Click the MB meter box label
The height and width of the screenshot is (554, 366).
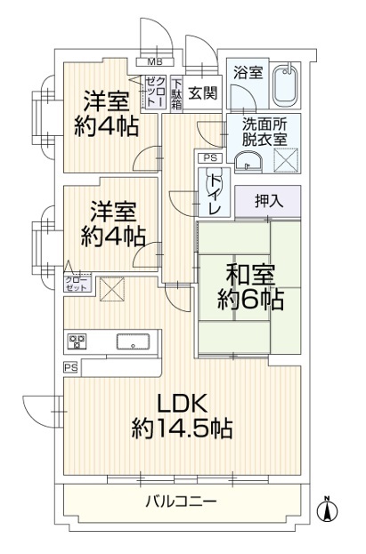pos(155,62)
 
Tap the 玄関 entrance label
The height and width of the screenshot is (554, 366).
pos(203,93)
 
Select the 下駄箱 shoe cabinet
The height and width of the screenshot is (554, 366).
pos(176,94)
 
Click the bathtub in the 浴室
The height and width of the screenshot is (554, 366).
pos(287,86)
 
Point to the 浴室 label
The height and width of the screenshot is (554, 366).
pos(248,72)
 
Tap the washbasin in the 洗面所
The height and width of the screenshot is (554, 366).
pos(248,163)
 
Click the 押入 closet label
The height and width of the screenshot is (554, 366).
pos(269,201)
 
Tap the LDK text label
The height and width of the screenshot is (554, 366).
pos(182,404)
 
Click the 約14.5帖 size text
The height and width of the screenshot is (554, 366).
pos(182,429)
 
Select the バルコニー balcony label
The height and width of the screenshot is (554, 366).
pos(181,501)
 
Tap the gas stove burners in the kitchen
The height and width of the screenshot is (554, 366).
pos(77,341)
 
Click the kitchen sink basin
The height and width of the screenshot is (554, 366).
pos(133,341)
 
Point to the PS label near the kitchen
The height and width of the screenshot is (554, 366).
pos(70,368)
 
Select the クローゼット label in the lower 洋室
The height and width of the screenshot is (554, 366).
pos(77,282)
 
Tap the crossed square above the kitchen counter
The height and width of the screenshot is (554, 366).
pos(112,289)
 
